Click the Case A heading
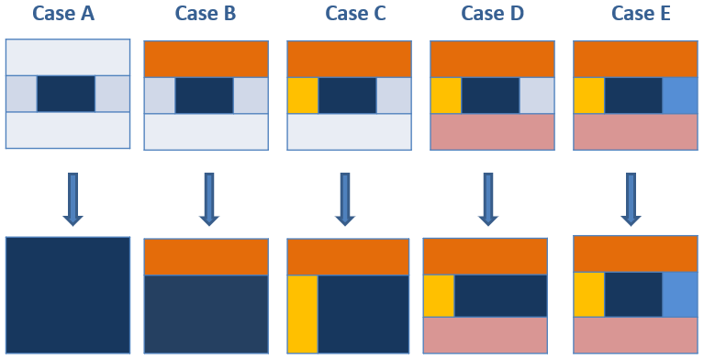[67, 15]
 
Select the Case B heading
[207, 15]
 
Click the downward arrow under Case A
[73, 197]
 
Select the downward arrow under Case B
[207, 197]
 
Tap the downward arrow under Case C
[345, 197]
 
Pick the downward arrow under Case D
[489, 197]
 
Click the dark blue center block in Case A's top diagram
[65, 94]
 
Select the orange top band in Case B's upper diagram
[207, 59]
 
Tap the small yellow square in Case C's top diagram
[303, 95]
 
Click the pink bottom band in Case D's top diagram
[492, 131]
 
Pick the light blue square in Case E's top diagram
[679, 95]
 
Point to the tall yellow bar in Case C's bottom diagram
[302, 314]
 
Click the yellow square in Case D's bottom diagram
[439, 295]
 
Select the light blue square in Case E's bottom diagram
[679, 293]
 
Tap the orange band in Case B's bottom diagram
[207, 257]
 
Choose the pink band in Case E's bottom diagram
[634, 334]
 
